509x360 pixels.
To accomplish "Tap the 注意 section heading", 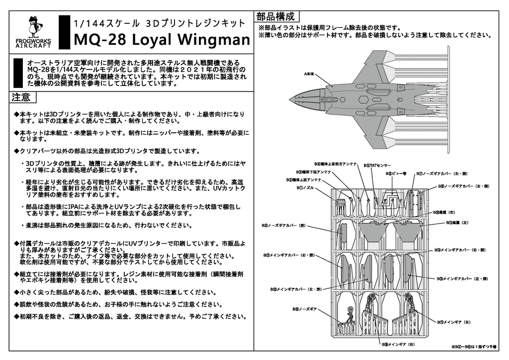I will [x=21, y=97].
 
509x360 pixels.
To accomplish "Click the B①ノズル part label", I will [x=305, y=187].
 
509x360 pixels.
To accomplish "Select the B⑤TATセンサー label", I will [x=377, y=165].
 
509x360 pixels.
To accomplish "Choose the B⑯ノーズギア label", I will [x=303, y=309].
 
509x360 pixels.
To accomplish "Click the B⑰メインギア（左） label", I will [x=454, y=322].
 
